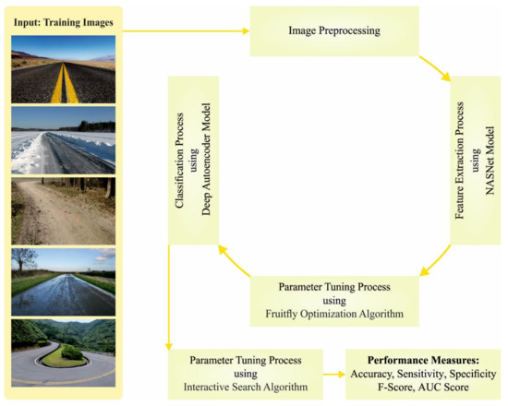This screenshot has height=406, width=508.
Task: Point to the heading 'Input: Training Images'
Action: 62,21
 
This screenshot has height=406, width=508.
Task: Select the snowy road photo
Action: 63,138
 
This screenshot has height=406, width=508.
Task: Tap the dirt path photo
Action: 63,210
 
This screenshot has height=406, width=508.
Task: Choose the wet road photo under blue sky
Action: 63,280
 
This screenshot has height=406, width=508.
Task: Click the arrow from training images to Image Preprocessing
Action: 185,31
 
